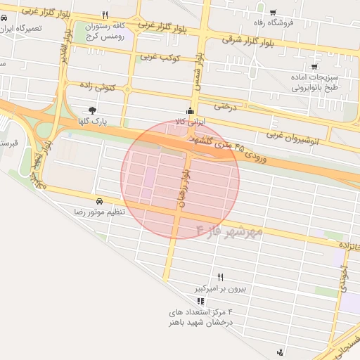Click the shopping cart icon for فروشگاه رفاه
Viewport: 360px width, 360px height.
(274, 12)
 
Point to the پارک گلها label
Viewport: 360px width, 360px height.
(93, 121)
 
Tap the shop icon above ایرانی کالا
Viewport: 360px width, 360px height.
(190, 110)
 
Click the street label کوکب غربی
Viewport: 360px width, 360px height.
(161, 56)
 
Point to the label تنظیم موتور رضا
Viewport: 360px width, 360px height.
(99, 212)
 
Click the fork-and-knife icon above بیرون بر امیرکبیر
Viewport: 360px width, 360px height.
(221, 277)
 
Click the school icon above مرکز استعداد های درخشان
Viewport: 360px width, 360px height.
(200, 301)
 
